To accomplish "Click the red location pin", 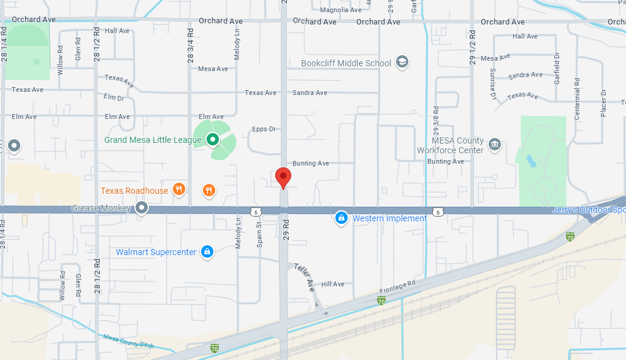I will (x=283, y=177).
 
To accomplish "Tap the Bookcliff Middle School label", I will (x=346, y=63).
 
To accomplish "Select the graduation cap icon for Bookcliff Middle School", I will (x=402, y=62).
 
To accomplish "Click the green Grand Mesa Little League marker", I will (x=212, y=140).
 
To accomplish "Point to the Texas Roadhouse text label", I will (x=134, y=191).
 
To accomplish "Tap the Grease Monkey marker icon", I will (x=142, y=208).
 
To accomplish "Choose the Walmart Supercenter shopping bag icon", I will (x=207, y=251).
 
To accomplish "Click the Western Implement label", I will (x=389, y=218).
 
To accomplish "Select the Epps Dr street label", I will (x=264, y=129).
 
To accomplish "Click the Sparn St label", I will (x=259, y=234).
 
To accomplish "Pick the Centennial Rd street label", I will (x=577, y=98).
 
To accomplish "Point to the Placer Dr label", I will (x=603, y=102).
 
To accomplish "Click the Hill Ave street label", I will (x=333, y=284).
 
